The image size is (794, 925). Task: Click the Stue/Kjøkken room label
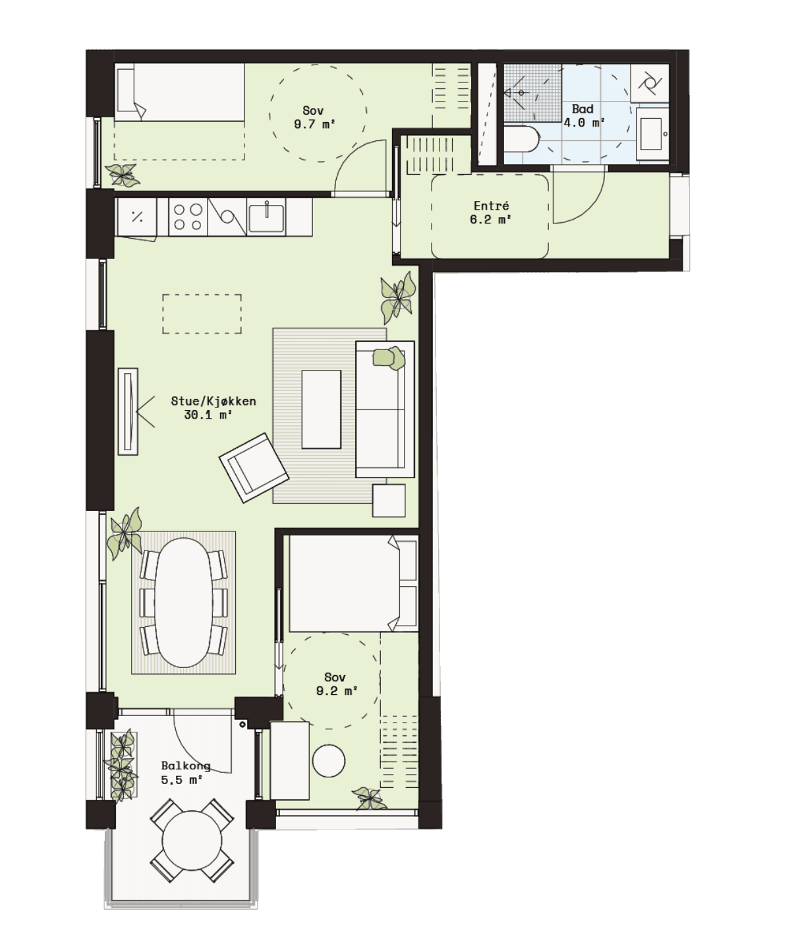213,401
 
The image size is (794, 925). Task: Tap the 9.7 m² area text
314,124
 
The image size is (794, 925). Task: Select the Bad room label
582,109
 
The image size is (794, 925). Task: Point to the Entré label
491,206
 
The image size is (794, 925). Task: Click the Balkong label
186,765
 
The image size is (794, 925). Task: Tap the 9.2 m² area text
337,691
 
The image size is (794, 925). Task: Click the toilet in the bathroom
522,138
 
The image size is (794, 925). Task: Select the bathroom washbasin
652,134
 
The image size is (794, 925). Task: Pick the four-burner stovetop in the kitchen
188,217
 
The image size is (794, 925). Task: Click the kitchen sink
267,218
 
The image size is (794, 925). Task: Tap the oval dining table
183,603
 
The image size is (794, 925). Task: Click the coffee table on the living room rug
321,409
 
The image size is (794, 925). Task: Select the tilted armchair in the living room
254,467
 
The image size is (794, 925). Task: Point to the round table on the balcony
192,841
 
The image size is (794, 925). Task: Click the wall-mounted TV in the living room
128,411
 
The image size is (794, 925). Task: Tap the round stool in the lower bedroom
329,760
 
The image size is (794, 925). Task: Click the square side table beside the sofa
389,500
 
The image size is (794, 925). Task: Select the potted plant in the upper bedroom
123,175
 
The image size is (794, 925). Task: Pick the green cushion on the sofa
389,358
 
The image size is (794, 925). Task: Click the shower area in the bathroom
532,93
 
